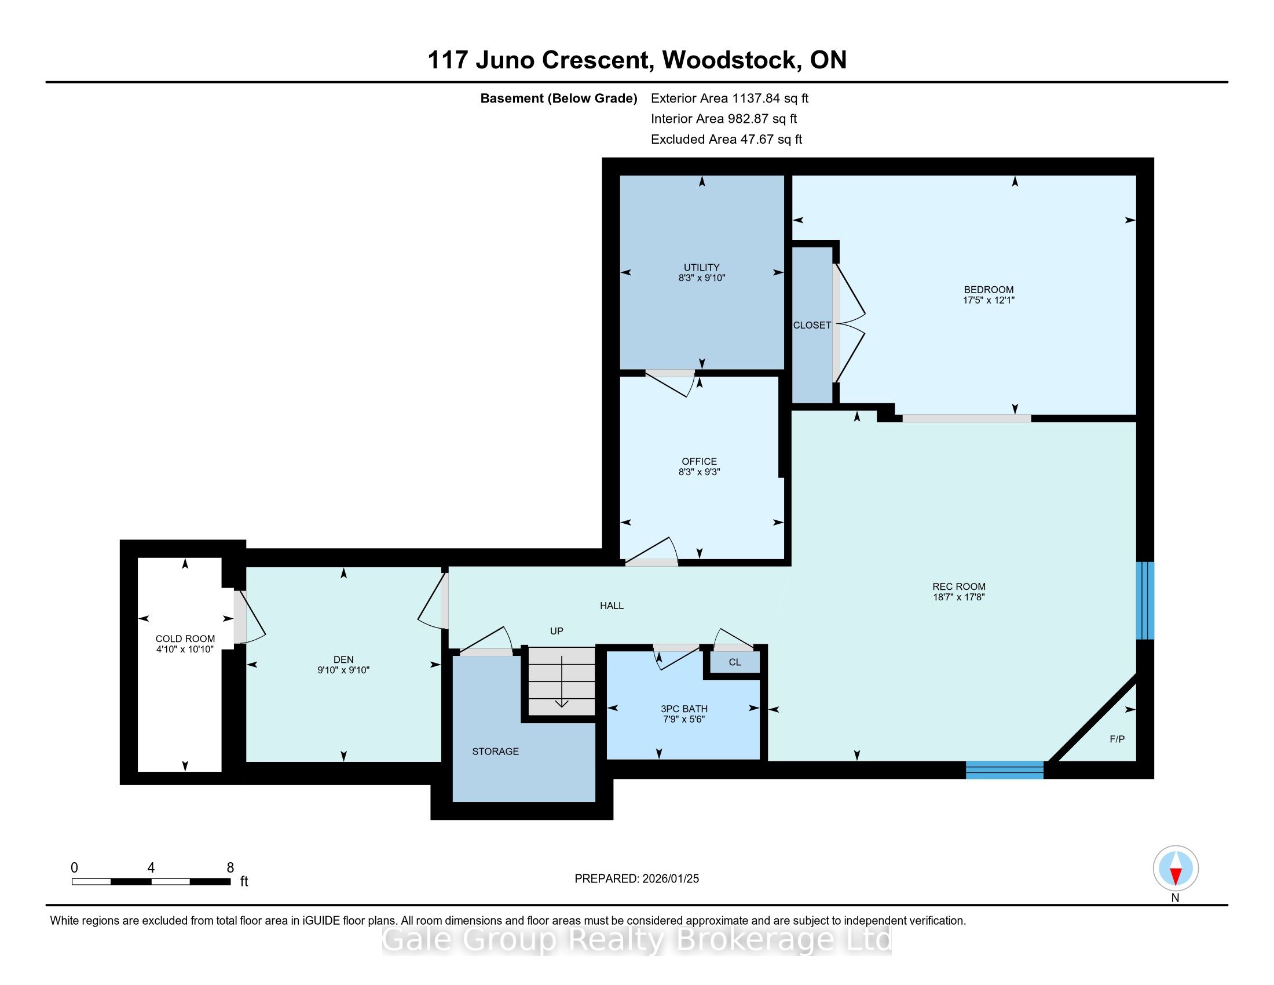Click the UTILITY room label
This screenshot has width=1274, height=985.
pos(701,267)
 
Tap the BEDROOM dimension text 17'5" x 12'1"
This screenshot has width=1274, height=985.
pos(988,301)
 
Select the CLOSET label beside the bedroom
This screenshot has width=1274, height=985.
pos(812,325)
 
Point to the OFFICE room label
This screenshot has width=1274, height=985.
pos(700,462)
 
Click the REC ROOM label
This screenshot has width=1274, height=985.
pos(958,586)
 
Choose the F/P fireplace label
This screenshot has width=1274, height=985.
pos(1117,739)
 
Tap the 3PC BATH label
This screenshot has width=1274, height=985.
pos(684,709)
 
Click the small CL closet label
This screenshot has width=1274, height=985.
pos(734,662)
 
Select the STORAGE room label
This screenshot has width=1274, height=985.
pos(495,751)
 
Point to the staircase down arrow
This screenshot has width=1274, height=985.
pos(561,681)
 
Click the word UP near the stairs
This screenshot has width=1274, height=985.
pos(557,631)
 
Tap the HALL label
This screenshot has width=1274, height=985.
pos(612,605)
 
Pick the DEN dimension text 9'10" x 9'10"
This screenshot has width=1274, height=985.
pos(343,670)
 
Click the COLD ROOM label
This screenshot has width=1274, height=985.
pos(185,639)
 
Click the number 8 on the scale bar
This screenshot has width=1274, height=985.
pos(230,868)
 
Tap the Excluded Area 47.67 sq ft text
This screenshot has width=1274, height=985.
pos(726,140)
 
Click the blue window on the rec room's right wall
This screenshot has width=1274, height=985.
pos(1145,600)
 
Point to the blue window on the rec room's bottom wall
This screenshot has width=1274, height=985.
pos(1005,769)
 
